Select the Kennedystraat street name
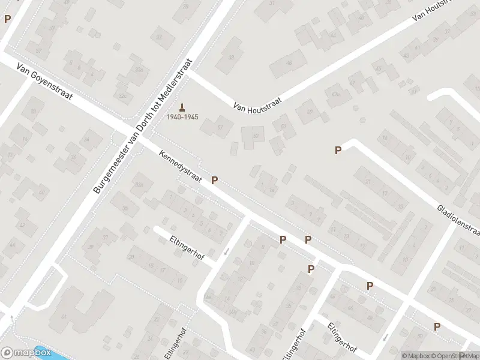[180, 166]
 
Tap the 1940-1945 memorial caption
[182, 116]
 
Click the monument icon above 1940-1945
[182, 107]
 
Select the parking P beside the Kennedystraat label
[214, 180]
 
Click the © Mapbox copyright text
[415, 355]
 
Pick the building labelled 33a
[140, 185]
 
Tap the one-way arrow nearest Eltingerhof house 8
[226, 251]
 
